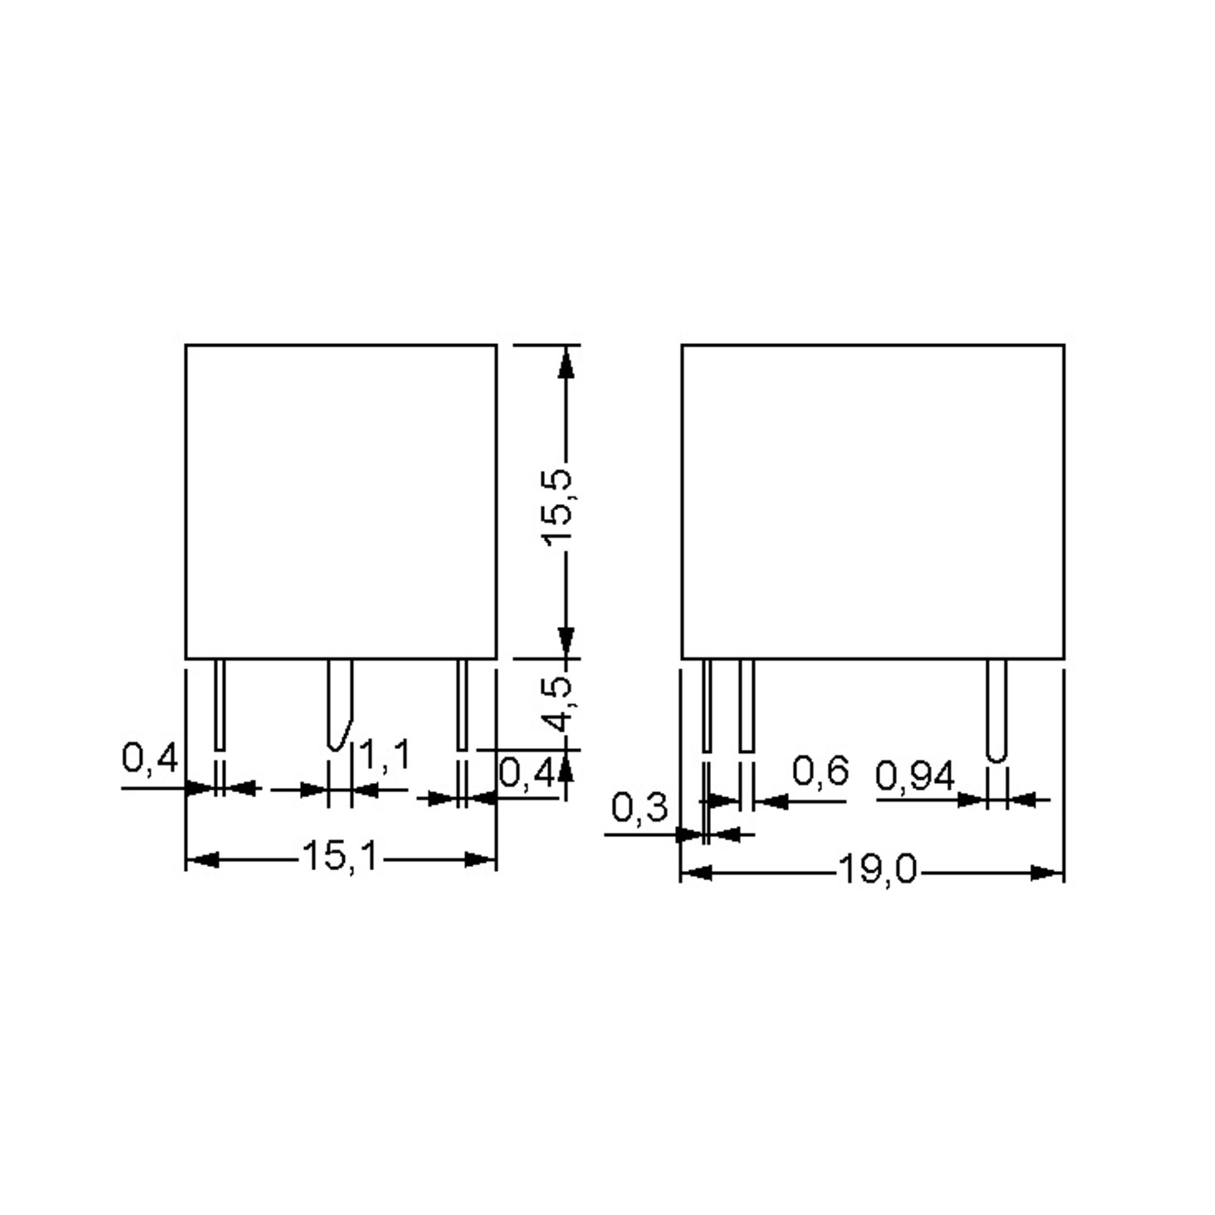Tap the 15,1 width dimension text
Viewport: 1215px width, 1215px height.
point(340,856)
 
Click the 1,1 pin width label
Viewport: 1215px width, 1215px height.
point(384,755)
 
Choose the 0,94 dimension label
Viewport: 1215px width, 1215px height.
point(915,776)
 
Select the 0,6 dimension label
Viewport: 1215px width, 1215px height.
point(821,771)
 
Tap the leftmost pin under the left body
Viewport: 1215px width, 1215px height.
point(220,704)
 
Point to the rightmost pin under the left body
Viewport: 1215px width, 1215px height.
point(462,704)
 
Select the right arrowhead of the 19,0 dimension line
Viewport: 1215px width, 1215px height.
point(1046,873)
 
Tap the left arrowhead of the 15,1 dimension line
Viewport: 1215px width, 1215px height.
point(203,859)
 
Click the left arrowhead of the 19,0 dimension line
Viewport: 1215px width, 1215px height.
point(697,873)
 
